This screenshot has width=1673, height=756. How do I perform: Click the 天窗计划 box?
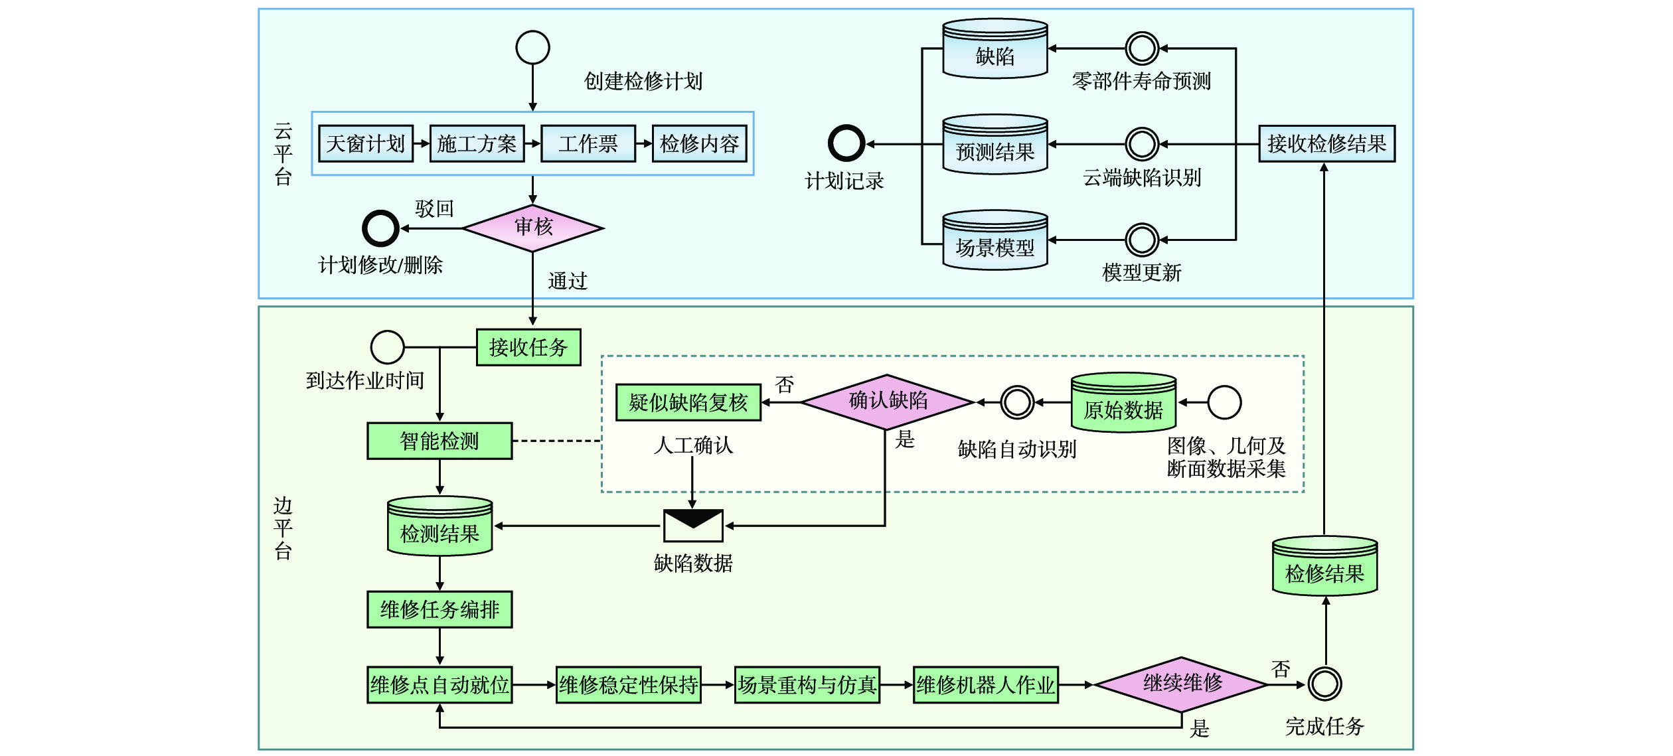365,143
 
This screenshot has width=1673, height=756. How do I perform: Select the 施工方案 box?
477,143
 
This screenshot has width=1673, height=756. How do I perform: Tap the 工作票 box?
588,143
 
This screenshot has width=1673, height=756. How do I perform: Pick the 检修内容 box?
699,143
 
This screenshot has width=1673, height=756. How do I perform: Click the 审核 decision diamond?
533,228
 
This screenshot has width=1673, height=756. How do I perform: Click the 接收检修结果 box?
1326,143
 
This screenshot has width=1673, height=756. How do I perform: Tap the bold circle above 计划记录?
846,143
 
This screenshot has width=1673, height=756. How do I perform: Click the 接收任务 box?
528,347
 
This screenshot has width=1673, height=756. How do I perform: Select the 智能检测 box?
439,441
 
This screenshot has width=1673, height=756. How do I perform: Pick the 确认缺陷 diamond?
888,402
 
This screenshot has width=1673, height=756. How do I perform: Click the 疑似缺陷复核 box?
688,402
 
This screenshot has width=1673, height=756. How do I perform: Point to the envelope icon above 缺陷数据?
693,526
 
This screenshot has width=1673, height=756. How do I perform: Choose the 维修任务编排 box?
439,609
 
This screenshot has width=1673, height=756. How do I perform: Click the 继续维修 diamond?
1182,684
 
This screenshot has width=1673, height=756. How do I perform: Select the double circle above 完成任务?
1324,684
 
